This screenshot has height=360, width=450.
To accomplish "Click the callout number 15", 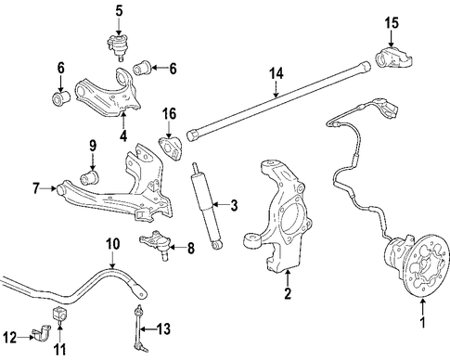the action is (x=392, y=23).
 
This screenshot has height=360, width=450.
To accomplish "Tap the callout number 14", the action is (x=276, y=74).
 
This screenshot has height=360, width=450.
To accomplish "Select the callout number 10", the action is (x=112, y=244).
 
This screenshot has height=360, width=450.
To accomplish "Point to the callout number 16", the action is (x=169, y=113).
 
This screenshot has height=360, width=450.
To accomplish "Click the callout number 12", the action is (x=10, y=338).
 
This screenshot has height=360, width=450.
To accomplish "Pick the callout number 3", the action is (x=234, y=205).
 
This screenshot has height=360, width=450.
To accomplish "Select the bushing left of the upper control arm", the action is (x=60, y=97).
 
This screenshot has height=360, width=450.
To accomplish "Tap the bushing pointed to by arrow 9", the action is (x=90, y=176).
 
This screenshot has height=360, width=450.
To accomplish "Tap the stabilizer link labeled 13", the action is (x=140, y=328).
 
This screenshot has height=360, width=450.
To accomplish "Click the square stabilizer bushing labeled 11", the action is (x=60, y=314).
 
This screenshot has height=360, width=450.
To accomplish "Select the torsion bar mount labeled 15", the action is (x=393, y=58).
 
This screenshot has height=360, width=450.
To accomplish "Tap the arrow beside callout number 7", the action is (x=49, y=187).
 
